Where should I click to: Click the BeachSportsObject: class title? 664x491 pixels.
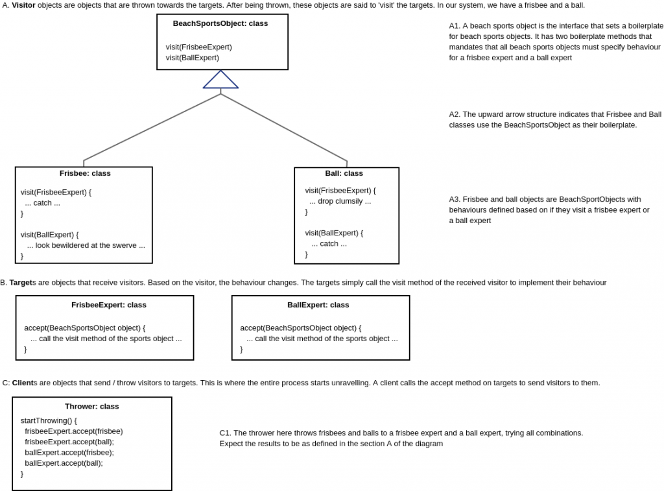pyautogui.click(x=220, y=23)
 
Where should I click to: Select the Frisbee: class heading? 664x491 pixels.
pyautogui.click(x=85, y=173)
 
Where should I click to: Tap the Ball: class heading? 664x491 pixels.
pyautogui.click(x=344, y=173)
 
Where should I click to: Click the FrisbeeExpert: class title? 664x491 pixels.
pyautogui.click(x=108, y=305)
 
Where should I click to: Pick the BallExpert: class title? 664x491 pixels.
pyautogui.click(x=318, y=305)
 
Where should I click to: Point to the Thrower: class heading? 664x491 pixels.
pyautogui.click(x=91, y=406)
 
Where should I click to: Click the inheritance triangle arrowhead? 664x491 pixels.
pyautogui.click(x=220, y=80)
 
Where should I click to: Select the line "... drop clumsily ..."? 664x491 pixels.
pyautogui.click(x=340, y=201)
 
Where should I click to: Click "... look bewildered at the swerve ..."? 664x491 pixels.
pyautogui.click(x=86, y=245)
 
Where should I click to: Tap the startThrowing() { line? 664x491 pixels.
pyautogui.click(x=49, y=420)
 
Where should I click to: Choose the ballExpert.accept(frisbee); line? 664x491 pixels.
pyautogui.click(x=69, y=452)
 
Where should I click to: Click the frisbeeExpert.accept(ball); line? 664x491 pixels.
pyautogui.click(x=69, y=442)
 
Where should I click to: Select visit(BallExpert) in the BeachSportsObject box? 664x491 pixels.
pyautogui.click(x=192, y=57)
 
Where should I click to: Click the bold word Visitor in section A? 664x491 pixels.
pyautogui.click(x=23, y=5)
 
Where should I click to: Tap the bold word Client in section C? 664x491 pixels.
pyautogui.click(x=23, y=383)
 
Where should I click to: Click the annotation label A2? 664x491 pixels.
pyautogui.click(x=455, y=114)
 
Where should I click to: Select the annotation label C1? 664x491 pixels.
pyautogui.click(x=225, y=433)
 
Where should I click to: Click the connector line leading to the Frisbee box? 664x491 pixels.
pyautogui.click(x=152, y=126)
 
